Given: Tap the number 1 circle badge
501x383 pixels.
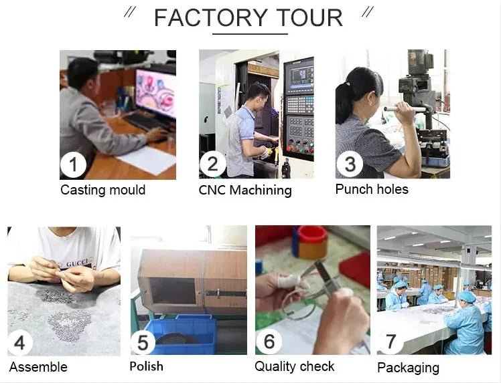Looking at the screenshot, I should pos(74,165).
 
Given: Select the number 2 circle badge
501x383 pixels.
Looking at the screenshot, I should pos(212,165).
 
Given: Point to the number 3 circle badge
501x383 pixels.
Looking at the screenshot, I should pos(349,164).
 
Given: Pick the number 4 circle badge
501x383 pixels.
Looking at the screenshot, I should pos(20,342).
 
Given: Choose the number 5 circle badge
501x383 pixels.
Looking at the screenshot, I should pos(143,343).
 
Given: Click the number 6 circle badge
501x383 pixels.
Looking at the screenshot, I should pos(269,342).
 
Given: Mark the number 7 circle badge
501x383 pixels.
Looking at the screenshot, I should pos(390,342).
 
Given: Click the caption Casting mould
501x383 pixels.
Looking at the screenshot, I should pos(102,190).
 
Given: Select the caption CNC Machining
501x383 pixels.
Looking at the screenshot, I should pos(245,190).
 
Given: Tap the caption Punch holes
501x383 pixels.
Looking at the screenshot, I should pos(372,189).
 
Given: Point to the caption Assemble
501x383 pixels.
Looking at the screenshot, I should pos(38,367).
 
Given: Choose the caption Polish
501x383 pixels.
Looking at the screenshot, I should pos(146,366).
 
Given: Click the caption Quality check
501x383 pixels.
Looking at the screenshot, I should pos(294,366).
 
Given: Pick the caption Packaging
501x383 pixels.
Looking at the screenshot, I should pos(408,368).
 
